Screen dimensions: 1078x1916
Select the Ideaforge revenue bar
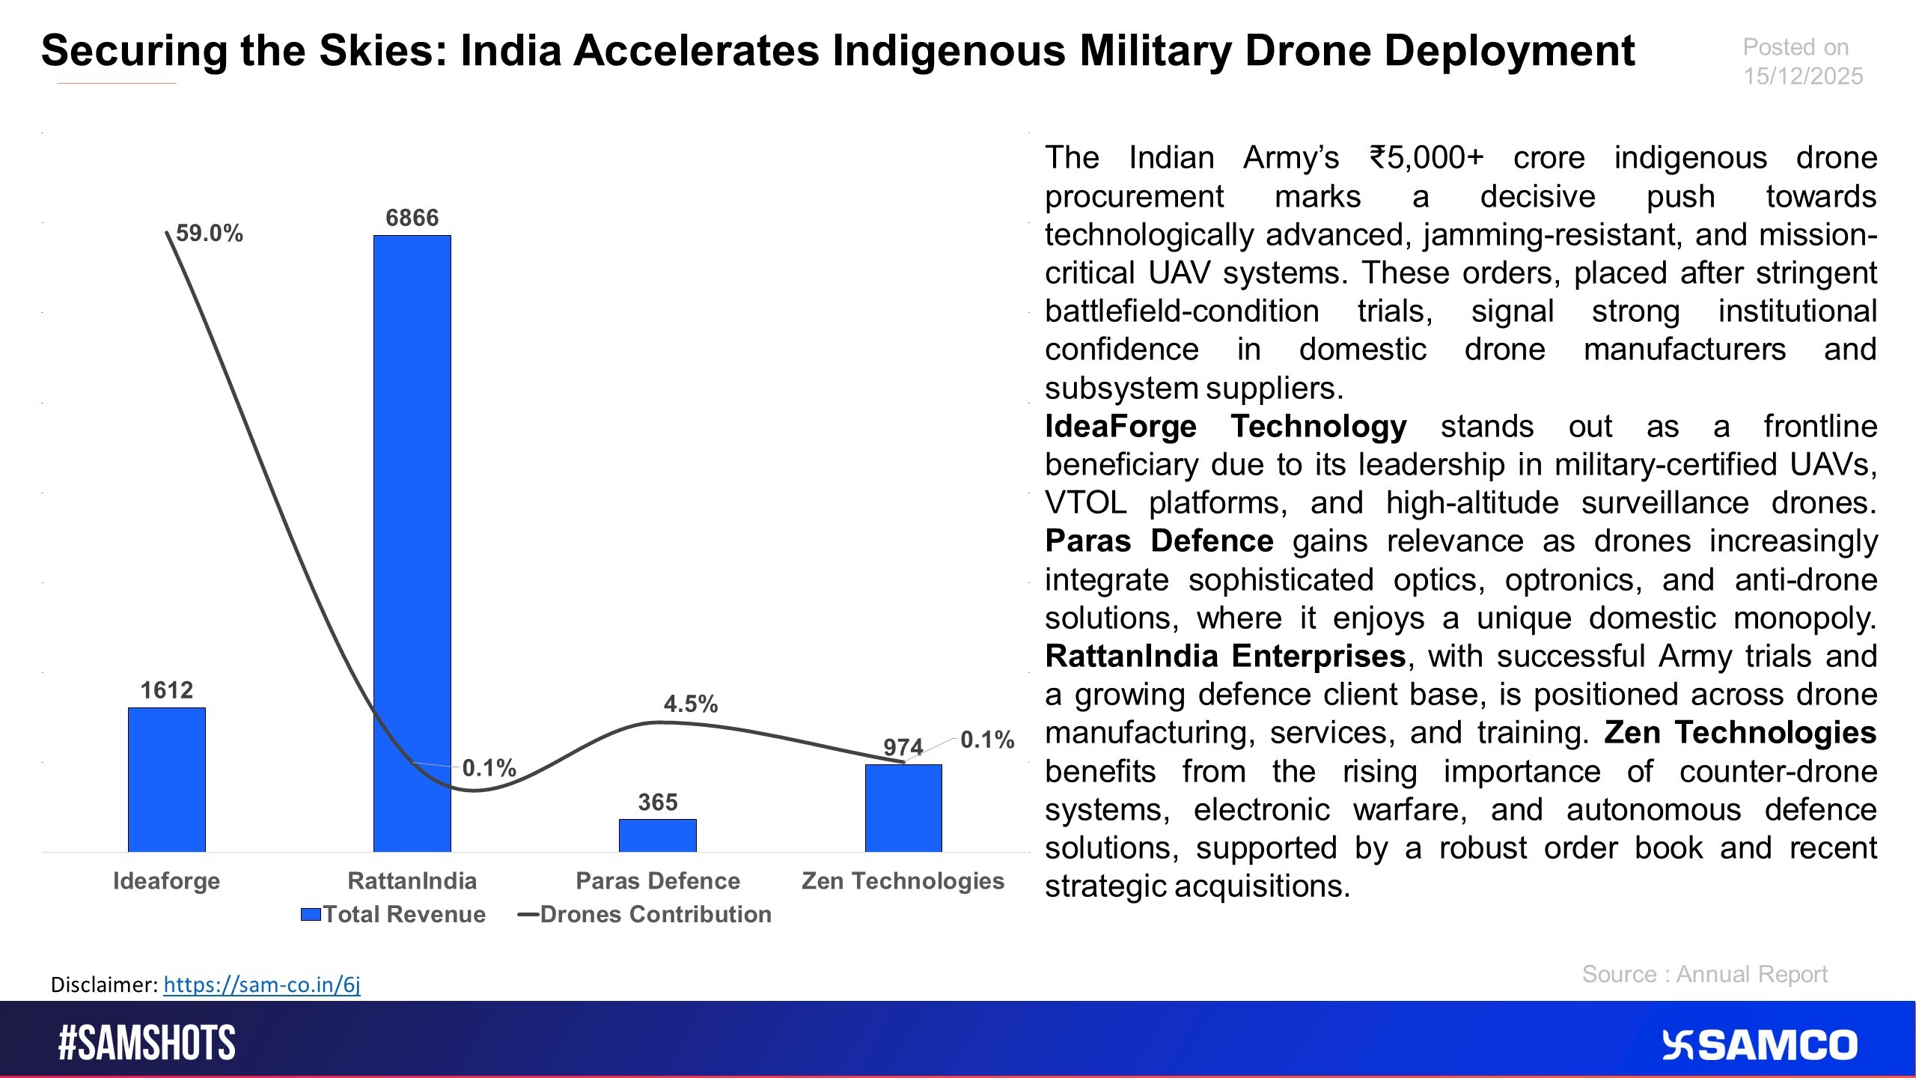pos(166,779)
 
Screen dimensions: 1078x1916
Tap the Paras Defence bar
pos(657,835)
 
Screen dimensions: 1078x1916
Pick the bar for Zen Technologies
pos(903,808)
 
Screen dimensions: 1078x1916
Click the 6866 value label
pos(412,218)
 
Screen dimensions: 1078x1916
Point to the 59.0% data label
pos(210,234)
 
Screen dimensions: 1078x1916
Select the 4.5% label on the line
pos(690,704)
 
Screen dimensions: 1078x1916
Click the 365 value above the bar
pos(657,803)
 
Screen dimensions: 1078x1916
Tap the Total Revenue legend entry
pos(394,914)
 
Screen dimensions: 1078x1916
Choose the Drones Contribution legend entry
pos(645,914)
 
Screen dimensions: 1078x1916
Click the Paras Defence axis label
pos(657,880)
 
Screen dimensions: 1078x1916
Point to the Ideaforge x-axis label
pos(166,881)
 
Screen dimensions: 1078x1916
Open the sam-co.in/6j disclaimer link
pos(261,984)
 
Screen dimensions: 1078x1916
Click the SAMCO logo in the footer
pos(1760,1045)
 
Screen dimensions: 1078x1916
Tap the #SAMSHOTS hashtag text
pos(147,1043)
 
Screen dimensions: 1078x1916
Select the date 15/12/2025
pos(1802,76)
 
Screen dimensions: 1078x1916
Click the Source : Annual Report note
pos(1704,974)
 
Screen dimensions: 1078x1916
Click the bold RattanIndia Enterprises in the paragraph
pos(1225,657)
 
